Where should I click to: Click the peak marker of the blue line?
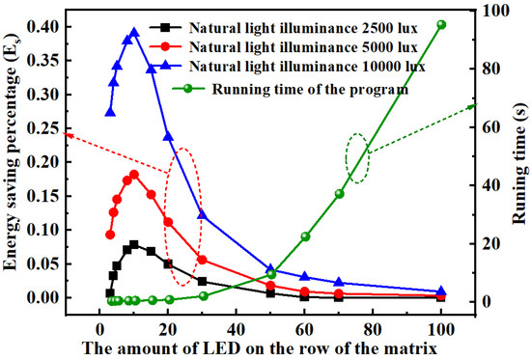(x=134, y=32)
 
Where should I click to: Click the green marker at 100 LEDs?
(x=441, y=25)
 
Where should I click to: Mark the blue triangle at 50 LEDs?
(x=271, y=269)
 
